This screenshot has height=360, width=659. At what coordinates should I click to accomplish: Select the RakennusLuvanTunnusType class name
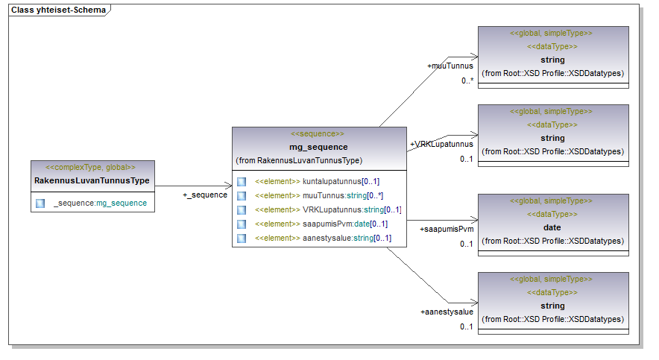[92, 180]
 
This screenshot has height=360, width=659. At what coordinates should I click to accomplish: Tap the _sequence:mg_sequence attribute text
[100, 203]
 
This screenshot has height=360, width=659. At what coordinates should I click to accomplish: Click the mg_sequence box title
[318, 147]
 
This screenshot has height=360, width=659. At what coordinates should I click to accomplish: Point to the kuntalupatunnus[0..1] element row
[317, 181]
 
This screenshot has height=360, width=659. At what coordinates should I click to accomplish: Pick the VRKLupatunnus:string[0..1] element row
[327, 209]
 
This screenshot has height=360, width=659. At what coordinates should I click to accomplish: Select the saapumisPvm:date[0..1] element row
[321, 224]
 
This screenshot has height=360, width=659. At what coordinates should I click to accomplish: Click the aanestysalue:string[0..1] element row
[323, 239]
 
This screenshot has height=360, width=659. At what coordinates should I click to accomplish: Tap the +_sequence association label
[205, 195]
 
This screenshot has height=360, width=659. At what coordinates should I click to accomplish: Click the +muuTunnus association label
[450, 66]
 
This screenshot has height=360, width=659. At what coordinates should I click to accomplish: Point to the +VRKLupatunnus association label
[441, 144]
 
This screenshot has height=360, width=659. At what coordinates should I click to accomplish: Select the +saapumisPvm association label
[447, 229]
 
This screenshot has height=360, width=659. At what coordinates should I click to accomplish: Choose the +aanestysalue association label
[447, 312]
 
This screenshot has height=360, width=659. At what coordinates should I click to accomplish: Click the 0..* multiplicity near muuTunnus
[467, 80]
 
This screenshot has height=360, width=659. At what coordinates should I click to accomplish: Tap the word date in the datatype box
[552, 227]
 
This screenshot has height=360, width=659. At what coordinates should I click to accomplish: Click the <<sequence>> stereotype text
[318, 133]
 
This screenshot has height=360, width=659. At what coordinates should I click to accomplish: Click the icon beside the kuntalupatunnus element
[242, 181]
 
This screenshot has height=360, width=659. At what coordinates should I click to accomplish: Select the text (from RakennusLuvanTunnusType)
[299, 160]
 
